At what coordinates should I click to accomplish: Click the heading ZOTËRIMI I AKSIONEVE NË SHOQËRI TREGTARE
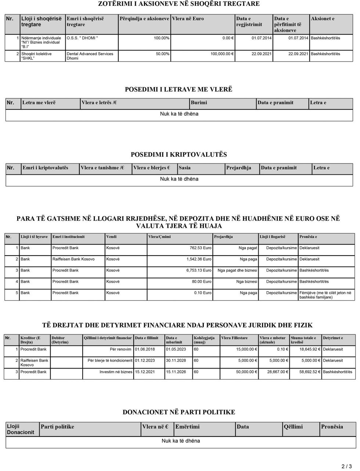coord(179,4)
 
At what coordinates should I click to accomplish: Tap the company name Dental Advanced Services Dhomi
coord(90,56)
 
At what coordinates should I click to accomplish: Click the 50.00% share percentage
coord(162,54)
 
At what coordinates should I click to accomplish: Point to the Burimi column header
coord(199,103)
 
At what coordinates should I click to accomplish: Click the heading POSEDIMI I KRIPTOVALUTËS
coord(179,155)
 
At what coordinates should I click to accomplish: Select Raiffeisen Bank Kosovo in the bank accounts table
coord(73,259)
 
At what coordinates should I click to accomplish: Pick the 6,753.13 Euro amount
coord(199,271)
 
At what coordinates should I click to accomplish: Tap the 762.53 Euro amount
coord(200,248)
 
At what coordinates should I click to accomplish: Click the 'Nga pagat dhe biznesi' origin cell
coord(237,271)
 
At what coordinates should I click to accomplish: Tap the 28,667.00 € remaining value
coord(274,372)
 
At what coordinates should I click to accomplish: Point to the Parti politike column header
coord(57,427)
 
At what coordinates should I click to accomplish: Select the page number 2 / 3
coord(346,467)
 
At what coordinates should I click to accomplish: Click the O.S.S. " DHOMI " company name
coord(82,38)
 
